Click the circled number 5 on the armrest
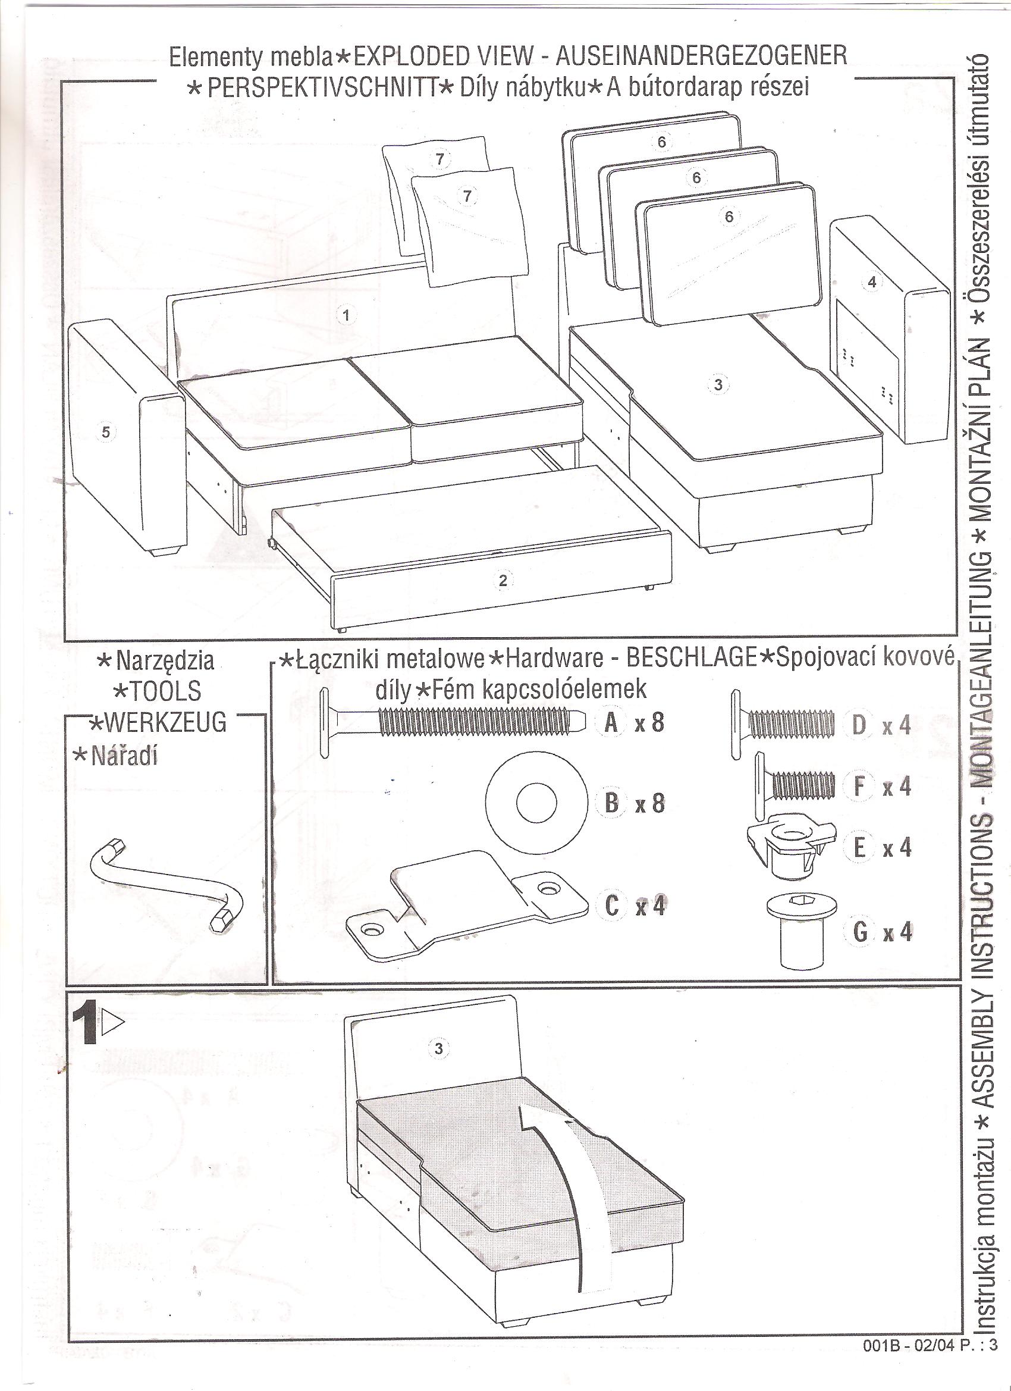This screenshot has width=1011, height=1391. [x=105, y=433]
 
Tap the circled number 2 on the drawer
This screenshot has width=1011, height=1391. [x=503, y=580]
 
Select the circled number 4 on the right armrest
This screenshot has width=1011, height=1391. [x=872, y=282]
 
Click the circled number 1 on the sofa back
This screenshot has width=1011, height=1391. [x=346, y=315]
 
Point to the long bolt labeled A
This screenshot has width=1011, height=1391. [x=454, y=721]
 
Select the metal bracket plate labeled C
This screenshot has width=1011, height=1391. [x=466, y=907]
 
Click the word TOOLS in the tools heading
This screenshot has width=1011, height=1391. [x=158, y=691]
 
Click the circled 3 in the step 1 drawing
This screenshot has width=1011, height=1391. [x=438, y=1048]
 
